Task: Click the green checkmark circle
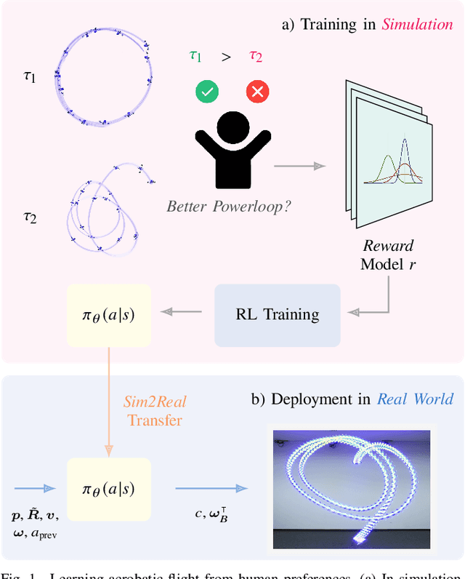tap(207, 92)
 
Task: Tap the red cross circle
tap(257, 92)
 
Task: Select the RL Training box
tap(277, 315)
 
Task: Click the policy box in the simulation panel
tap(108, 315)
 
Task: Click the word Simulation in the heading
tap(417, 24)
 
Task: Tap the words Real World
tap(415, 399)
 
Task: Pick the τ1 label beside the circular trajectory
tap(30, 76)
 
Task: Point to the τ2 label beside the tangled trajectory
tap(30, 215)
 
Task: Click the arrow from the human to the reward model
tap(299, 166)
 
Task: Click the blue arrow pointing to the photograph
tap(211, 488)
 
